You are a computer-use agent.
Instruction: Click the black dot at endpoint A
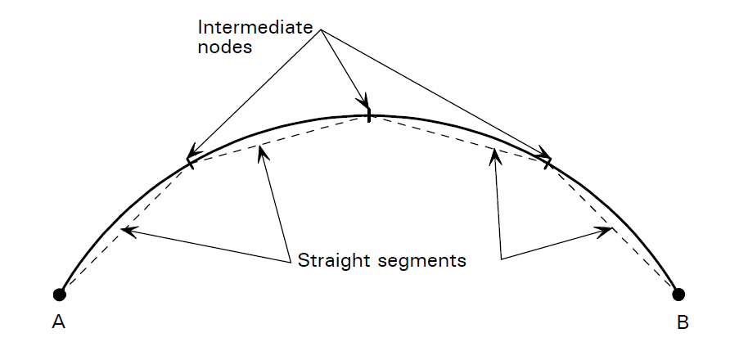pyautogui.click(x=59, y=294)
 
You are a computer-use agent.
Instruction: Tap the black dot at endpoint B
pyautogui.click(x=678, y=294)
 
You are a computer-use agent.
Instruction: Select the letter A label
pyautogui.click(x=58, y=322)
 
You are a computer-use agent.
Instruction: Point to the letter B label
pyautogui.click(x=683, y=322)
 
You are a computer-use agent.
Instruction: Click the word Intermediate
pyautogui.click(x=255, y=26)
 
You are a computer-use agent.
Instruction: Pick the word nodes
pyautogui.click(x=224, y=47)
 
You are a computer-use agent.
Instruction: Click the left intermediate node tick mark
pyautogui.click(x=191, y=162)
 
